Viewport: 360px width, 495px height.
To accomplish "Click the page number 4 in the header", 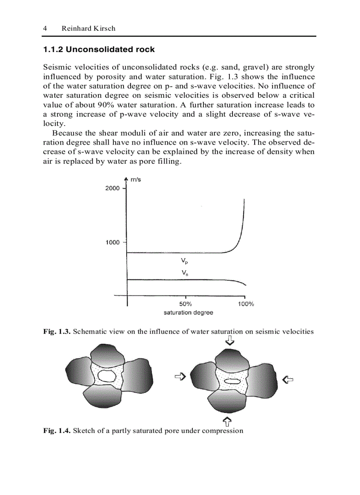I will (45, 28).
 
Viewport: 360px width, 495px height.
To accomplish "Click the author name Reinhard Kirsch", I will (88, 28).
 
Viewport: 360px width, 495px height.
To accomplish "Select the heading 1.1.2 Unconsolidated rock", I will (99, 50).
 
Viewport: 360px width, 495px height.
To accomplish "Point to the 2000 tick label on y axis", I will (112, 188).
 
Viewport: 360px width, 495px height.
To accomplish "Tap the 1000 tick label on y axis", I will (112, 242).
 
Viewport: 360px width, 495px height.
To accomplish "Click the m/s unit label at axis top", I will (136, 179).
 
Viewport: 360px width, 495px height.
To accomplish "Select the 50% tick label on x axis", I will (186, 304).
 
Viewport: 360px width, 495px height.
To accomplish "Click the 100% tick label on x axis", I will (246, 304).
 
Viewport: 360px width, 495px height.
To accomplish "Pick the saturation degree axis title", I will (188, 313).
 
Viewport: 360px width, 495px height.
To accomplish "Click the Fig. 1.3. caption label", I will (56, 331).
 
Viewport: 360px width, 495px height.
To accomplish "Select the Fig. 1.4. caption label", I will (56, 430).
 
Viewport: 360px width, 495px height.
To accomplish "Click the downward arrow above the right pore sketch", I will (230, 340).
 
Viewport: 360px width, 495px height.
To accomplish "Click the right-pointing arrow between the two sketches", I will (180, 376).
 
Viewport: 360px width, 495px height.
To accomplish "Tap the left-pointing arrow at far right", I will (288, 379).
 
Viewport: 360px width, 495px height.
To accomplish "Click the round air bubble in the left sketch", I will (106, 376).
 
